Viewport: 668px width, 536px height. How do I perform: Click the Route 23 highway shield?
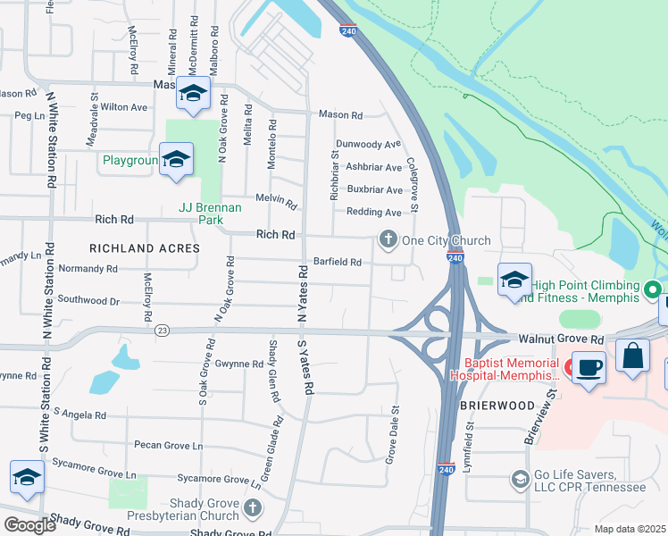(162, 331)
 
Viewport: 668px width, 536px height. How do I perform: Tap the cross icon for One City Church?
(388, 240)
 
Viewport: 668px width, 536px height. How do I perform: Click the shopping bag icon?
(632, 356)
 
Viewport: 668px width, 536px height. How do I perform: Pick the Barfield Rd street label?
(338, 263)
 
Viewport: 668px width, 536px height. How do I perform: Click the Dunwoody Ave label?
(368, 144)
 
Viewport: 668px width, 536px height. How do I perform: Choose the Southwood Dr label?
(88, 301)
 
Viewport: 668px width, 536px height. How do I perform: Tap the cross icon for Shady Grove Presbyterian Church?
(253, 508)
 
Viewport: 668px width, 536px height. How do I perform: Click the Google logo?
(29, 525)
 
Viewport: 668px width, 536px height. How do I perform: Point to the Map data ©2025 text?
(629, 529)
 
